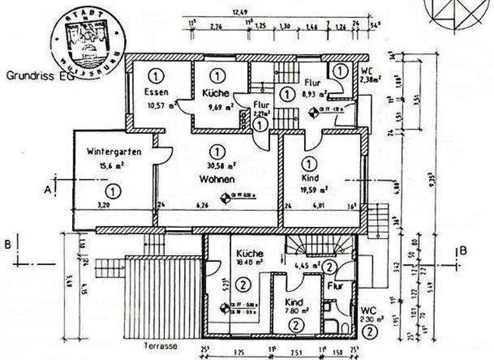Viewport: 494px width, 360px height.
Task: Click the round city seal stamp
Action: (x=87, y=38)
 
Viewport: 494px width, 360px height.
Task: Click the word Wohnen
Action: (x=216, y=179)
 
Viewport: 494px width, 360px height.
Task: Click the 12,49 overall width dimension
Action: (x=240, y=12)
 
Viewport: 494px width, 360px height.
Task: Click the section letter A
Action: (x=47, y=189)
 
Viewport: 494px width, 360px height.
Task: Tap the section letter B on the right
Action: (x=462, y=251)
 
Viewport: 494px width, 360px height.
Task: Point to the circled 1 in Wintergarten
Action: (x=113, y=191)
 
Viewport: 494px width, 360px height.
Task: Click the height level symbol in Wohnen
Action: (x=226, y=199)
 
